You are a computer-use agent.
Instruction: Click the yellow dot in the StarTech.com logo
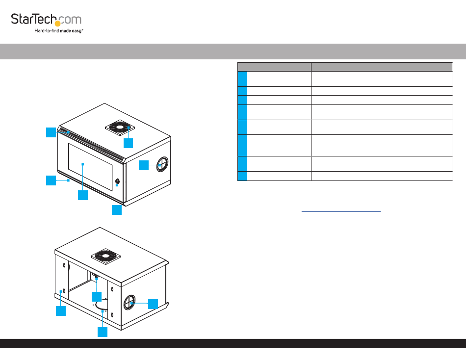58,23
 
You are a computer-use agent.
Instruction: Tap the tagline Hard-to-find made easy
59,30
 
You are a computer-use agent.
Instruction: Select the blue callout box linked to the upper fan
128,143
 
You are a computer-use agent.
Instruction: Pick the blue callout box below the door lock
116,210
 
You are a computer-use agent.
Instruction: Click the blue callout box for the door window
82,195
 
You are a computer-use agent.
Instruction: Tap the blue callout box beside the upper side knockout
143,165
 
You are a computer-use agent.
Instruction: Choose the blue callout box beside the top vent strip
52,132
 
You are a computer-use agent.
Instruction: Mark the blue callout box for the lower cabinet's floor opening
102,332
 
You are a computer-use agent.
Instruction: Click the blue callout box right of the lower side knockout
153,304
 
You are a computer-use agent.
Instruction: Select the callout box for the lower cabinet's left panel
60,311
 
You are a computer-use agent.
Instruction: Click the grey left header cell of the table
274,67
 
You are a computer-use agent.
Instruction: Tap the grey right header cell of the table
381,67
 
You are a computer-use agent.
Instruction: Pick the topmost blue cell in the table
242,78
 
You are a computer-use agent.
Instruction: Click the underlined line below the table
341,211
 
